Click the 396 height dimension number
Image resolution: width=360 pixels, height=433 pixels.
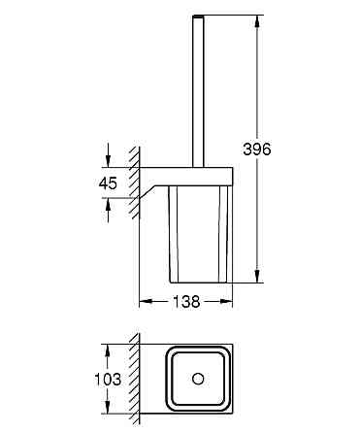tap(257, 150)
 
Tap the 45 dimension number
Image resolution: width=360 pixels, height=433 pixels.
tap(108, 183)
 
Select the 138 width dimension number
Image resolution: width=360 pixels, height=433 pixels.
tap(186, 302)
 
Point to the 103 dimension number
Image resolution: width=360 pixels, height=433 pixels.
tap(108, 379)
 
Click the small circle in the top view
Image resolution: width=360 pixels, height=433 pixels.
tap(198, 379)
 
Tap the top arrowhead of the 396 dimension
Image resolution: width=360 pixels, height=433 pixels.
tap(257, 21)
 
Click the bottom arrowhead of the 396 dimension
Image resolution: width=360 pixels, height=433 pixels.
tap(257, 276)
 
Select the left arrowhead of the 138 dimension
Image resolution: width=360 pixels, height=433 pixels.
tap(146, 302)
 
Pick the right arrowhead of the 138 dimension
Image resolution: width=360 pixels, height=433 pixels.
tap(226, 302)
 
